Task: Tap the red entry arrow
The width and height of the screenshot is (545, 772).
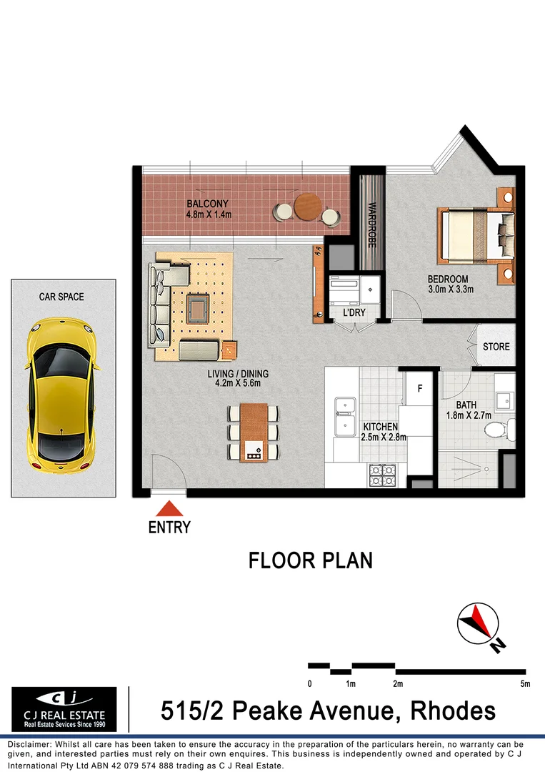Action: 169,509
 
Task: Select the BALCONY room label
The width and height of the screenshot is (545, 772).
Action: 208,204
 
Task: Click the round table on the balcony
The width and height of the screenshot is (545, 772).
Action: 308,207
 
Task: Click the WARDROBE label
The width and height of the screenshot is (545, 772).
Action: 371,224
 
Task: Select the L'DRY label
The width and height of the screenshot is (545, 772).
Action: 354,313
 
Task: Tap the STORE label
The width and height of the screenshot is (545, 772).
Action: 496,347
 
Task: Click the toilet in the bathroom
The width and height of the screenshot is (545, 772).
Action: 495,430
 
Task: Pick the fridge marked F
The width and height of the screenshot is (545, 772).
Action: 419,390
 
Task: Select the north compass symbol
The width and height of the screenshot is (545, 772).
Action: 477,624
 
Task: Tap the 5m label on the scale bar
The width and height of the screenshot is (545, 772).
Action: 525,684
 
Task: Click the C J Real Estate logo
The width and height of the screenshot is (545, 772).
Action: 64,708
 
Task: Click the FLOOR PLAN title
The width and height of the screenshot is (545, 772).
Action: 311,560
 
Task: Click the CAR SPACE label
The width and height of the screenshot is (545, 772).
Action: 61,297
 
